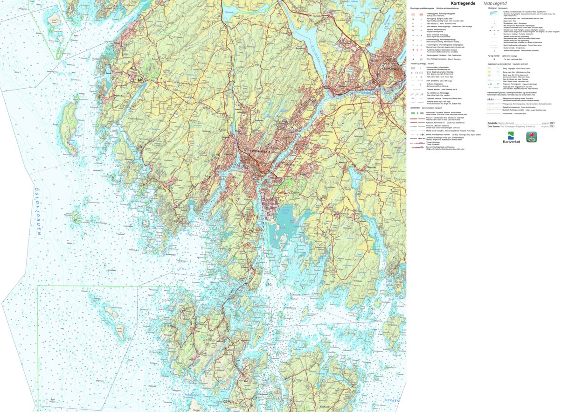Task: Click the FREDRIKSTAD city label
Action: click(x=259, y=151)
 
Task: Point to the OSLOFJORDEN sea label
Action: click(x=40, y=210)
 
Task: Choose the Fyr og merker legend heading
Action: click(x=494, y=56)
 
